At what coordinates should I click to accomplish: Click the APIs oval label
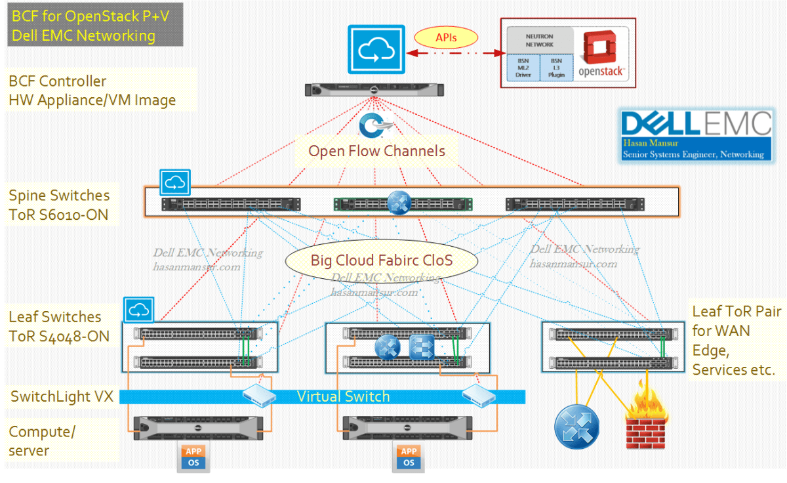click(x=446, y=38)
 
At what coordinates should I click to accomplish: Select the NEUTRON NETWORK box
click(x=539, y=41)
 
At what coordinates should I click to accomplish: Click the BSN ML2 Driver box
click(x=523, y=68)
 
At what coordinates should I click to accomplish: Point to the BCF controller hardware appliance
click(x=373, y=89)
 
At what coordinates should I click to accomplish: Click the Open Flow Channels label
click(x=376, y=151)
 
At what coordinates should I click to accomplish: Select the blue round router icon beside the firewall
click(x=576, y=427)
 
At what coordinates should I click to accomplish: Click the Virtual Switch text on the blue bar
click(x=343, y=396)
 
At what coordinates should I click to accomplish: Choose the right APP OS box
click(x=409, y=457)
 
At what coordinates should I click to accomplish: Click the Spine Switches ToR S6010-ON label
click(x=59, y=204)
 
